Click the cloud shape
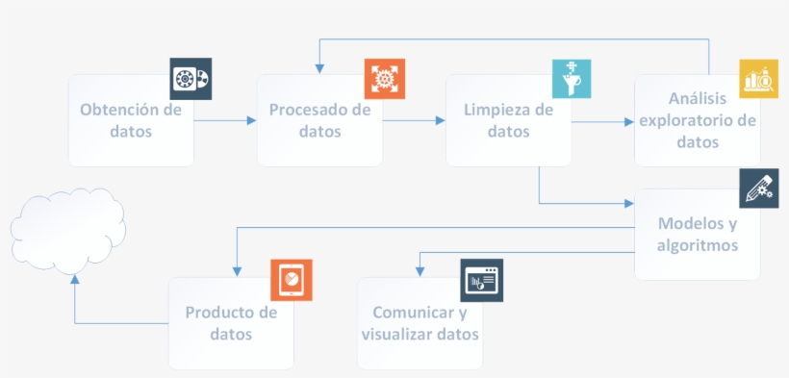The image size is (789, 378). pos(68,232)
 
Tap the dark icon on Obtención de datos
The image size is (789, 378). pos(191,78)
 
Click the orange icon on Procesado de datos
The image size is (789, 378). pos(384,78)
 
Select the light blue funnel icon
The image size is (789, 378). pos(572,78)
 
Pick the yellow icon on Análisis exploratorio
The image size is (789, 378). pos(759,78)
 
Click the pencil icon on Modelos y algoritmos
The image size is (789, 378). pos(759,188)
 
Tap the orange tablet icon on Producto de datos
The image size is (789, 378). pos(291,279)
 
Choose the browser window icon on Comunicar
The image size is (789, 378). pos(481,279)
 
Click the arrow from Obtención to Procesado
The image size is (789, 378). pos(225,120)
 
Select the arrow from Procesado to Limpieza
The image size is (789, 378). pos(414,120)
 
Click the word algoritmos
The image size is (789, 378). pos(698,245)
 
